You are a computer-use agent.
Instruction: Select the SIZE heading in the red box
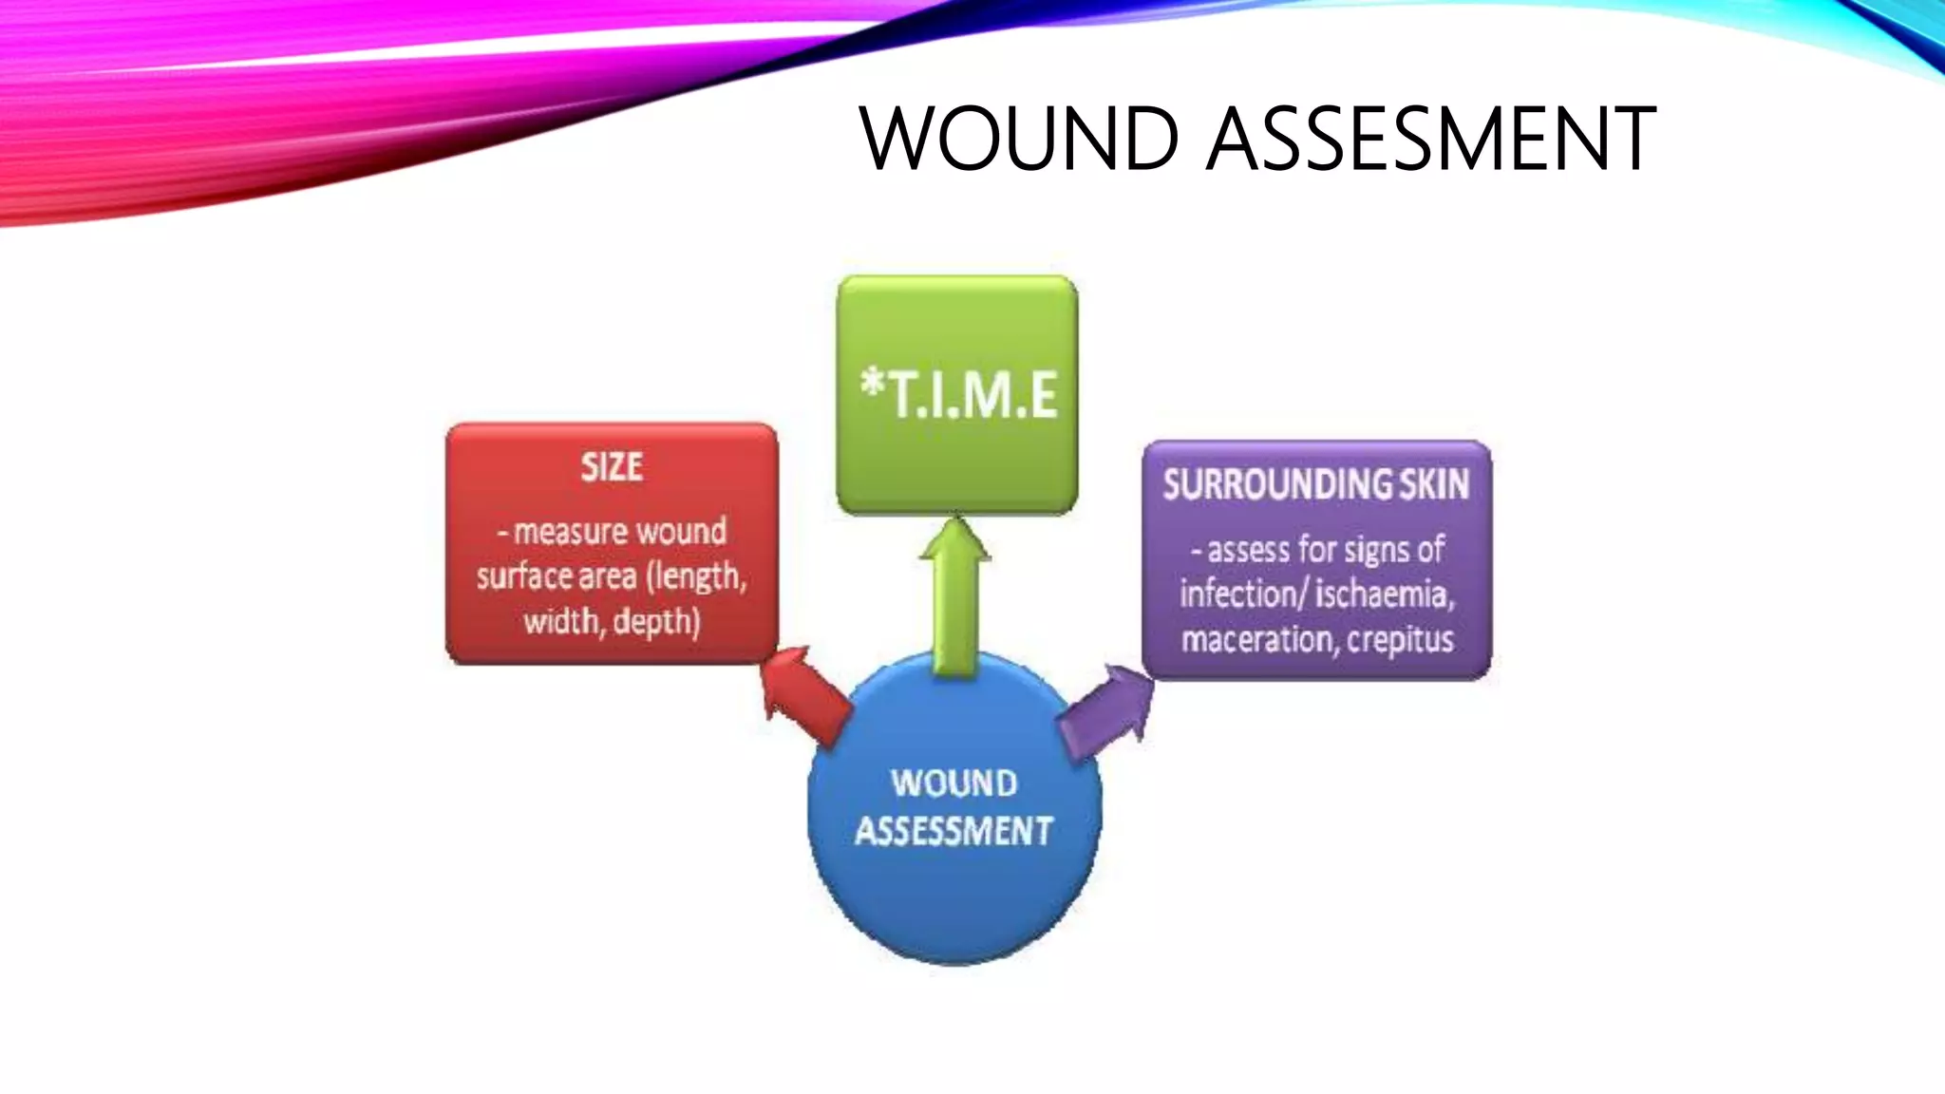(612, 467)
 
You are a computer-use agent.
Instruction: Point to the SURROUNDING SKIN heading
(1316, 484)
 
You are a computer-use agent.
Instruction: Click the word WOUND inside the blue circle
(954, 783)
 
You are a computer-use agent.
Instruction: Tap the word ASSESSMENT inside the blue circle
(954, 831)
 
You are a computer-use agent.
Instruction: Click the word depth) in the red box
(657, 622)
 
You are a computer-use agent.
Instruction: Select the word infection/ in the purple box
(1243, 594)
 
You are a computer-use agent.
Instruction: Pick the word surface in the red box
(522, 576)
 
